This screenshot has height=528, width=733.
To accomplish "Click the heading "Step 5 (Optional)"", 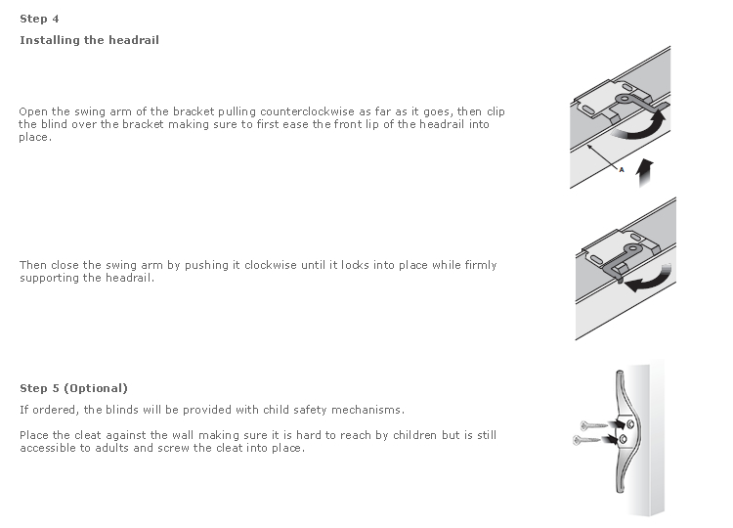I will [x=73, y=388].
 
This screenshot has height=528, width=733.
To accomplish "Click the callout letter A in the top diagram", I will [x=622, y=169].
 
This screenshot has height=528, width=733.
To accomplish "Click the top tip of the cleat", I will [x=620, y=374].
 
